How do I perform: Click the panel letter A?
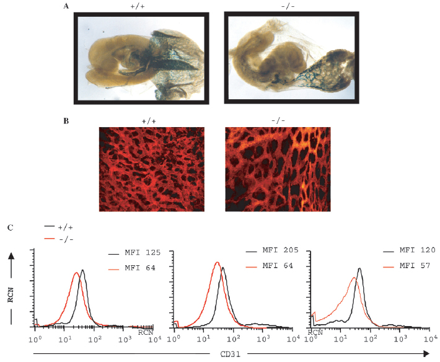(x=66, y=6)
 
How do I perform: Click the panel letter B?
(x=66, y=120)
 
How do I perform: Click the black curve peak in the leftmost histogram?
(x=82, y=270)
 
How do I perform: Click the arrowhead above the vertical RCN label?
(x=11, y=255)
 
